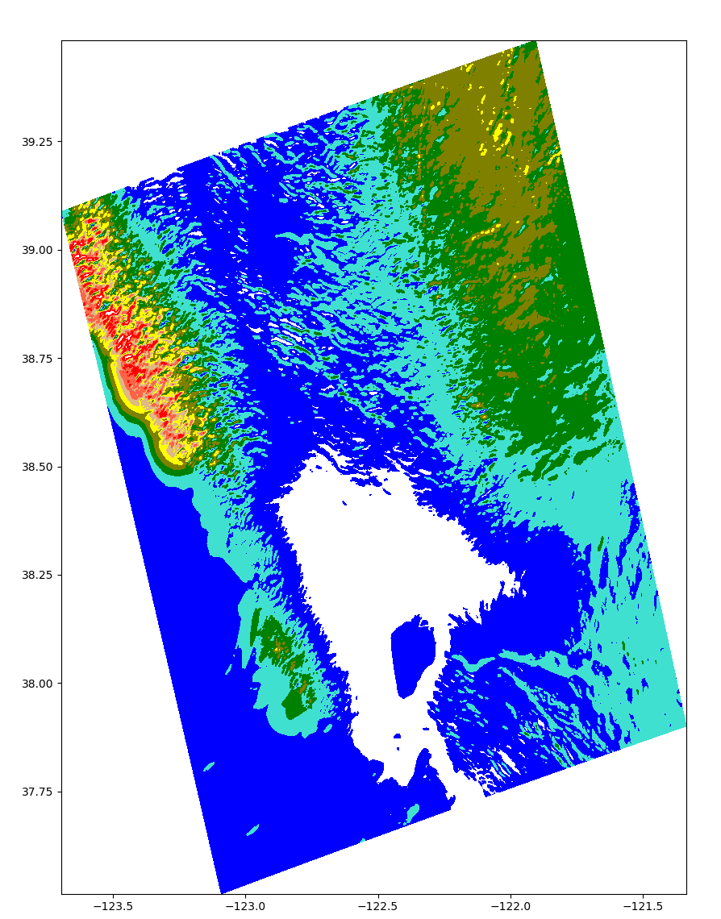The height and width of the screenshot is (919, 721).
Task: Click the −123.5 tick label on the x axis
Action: (x=112, y=906)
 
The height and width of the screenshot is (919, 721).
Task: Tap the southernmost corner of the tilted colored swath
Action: (x=221, y=893)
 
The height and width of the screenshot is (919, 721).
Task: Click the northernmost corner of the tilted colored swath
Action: (x=536, y=42)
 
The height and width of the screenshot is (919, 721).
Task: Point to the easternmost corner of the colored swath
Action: (x=686, y=726)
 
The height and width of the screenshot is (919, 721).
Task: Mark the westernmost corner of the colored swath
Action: (x=63, y=212)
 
